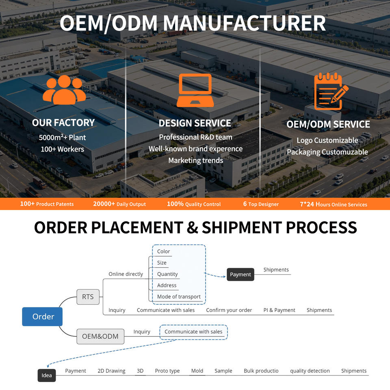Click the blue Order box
click(42, 316)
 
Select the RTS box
click(88, 297)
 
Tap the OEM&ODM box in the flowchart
click(100, 336)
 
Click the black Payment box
click(240, 274)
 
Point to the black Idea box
click(47, 375)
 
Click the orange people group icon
click(65, 89)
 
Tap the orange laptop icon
click(195, 90)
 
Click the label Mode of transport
click(179, 297)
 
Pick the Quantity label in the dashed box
click(167, 274)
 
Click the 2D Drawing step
click(111, 370)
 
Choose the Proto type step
click(167, 371)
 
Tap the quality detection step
click(310, 371)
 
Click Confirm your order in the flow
click(229, 310)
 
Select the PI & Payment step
click(279, 310)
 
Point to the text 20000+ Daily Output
click(119, 204)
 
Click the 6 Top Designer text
click(261, 204)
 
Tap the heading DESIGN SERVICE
click(195, 123)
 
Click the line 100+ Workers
click(63, 149)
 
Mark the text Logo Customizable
click(327, 140)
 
